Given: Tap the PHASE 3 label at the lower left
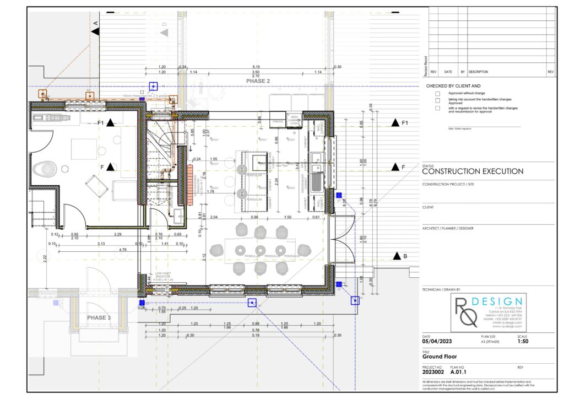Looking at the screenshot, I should pyautogui.click(x=99, y=317).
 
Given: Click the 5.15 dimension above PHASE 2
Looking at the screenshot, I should pyautogui.click(x=256, y=67).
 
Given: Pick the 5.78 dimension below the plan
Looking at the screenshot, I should pyautogui.click(x=256, y=330).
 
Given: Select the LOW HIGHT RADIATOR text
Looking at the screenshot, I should pyautogui.click(x=164, y=276).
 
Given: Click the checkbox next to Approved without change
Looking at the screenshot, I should pyautogui.click(x=437, y=94).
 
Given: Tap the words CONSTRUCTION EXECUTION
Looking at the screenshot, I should pyautogui.click(x=473, y=171).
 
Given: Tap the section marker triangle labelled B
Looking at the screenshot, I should pyautogui.click(x=397, y=256).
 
